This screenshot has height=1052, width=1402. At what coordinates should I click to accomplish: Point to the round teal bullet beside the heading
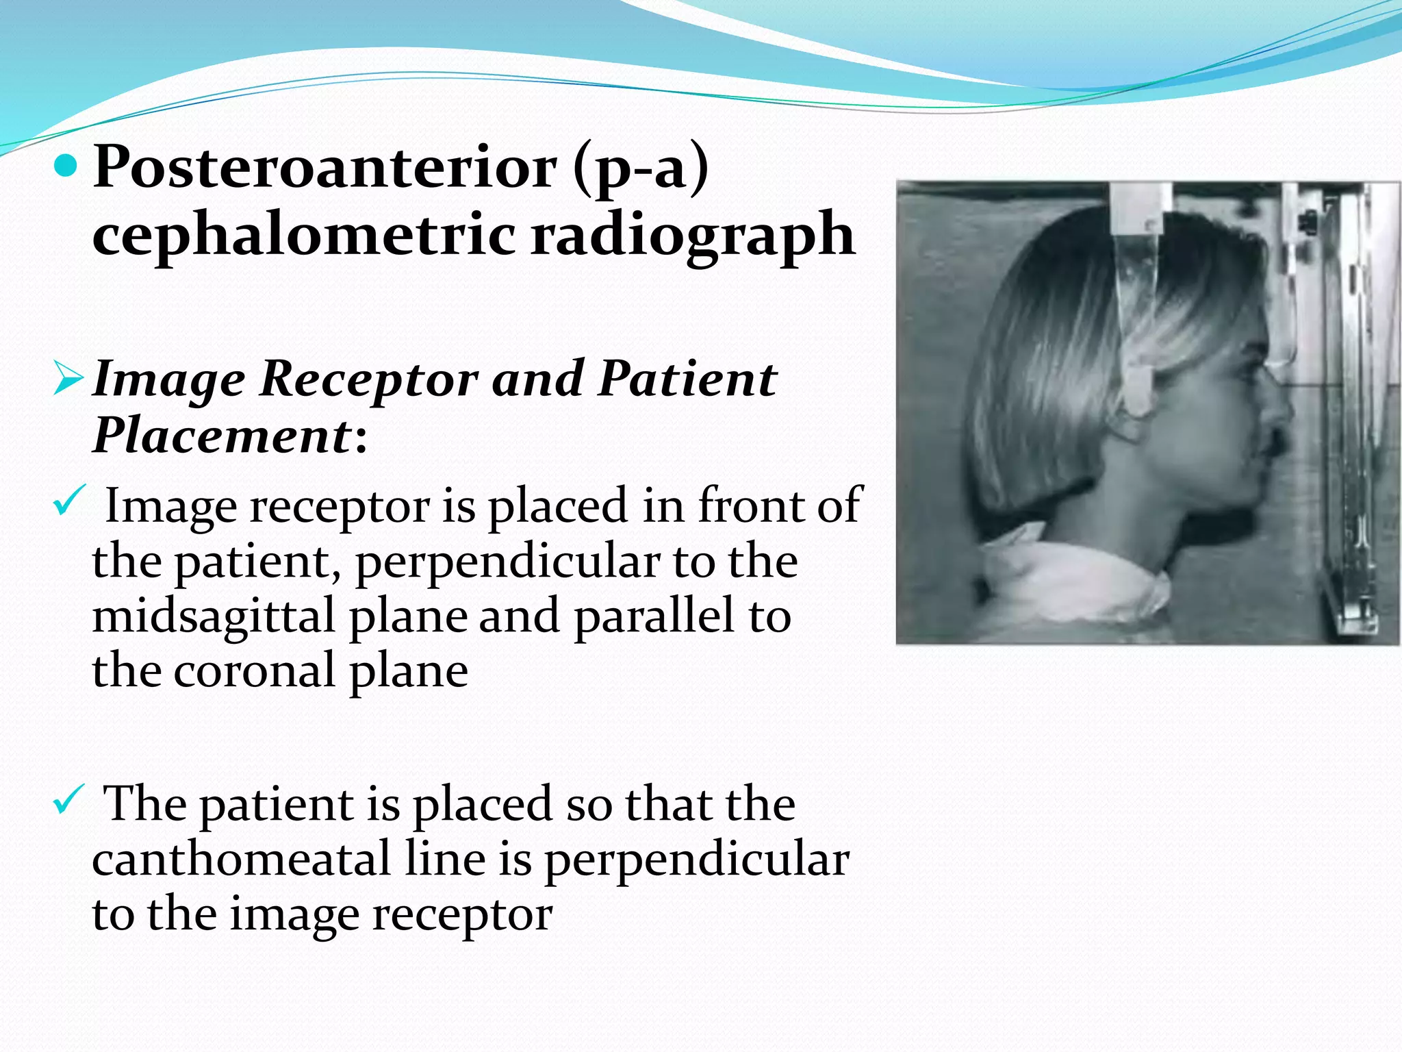[x=66, y=166]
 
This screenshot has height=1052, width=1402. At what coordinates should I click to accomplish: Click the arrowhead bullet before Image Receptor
[x=68, y=379]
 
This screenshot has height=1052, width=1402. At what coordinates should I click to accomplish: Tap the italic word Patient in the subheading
[x=687, y=378]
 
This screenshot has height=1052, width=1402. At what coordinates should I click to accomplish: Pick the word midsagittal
[x=214, y=616]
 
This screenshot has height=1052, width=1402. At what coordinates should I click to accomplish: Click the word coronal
[x=255, y=671]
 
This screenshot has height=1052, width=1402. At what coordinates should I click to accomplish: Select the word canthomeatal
[x=241, y=859]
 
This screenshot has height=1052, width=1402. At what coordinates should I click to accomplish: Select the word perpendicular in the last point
[x=696, y=860]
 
